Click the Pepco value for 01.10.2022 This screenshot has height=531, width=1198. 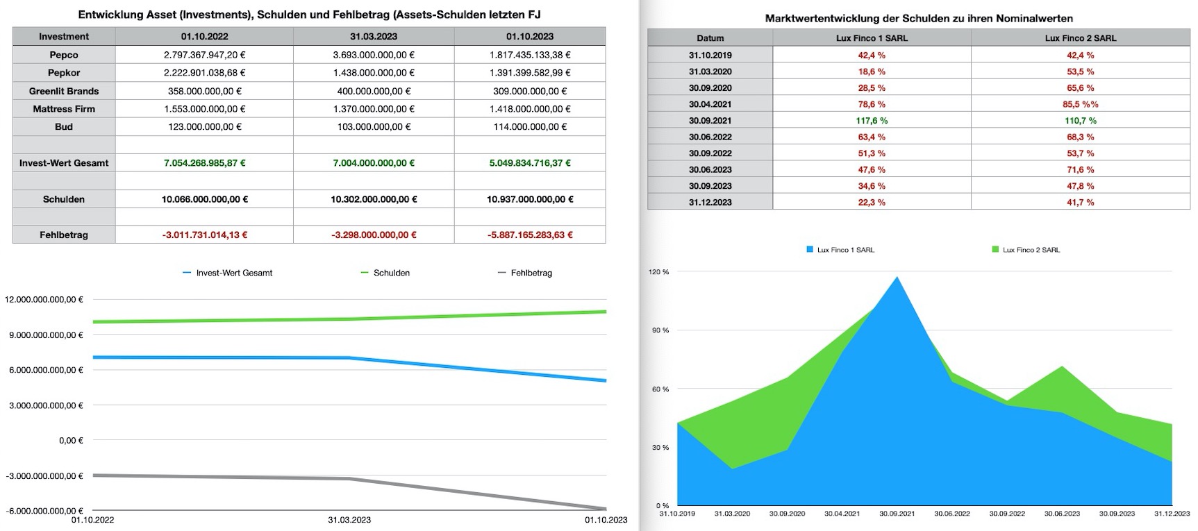click(204, 55)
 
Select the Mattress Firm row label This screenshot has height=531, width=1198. click(64, 109)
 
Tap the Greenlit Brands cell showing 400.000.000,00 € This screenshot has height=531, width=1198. click(374, 91)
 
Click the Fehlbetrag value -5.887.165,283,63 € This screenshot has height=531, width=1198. click(530, 235)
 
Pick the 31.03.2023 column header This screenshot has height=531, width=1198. click(374, 37)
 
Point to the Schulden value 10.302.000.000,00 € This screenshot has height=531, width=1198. click(374, 199)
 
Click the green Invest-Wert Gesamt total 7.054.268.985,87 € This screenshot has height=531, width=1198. click(204, 163)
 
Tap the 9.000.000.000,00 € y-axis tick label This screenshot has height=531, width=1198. click(44, 335)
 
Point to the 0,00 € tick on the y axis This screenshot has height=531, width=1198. click(70, 441)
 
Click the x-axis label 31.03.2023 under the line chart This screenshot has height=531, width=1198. click(349, 520)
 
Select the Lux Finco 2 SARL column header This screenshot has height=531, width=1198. click(1080, 38)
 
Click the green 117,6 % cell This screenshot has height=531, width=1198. click(872, 121)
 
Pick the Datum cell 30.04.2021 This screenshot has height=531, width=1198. click(710, 104)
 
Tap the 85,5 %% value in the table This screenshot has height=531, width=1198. click(1080, 104)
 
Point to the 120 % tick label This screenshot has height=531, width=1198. click(659, 272)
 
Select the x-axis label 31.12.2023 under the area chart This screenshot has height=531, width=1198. click(1172, 514)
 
